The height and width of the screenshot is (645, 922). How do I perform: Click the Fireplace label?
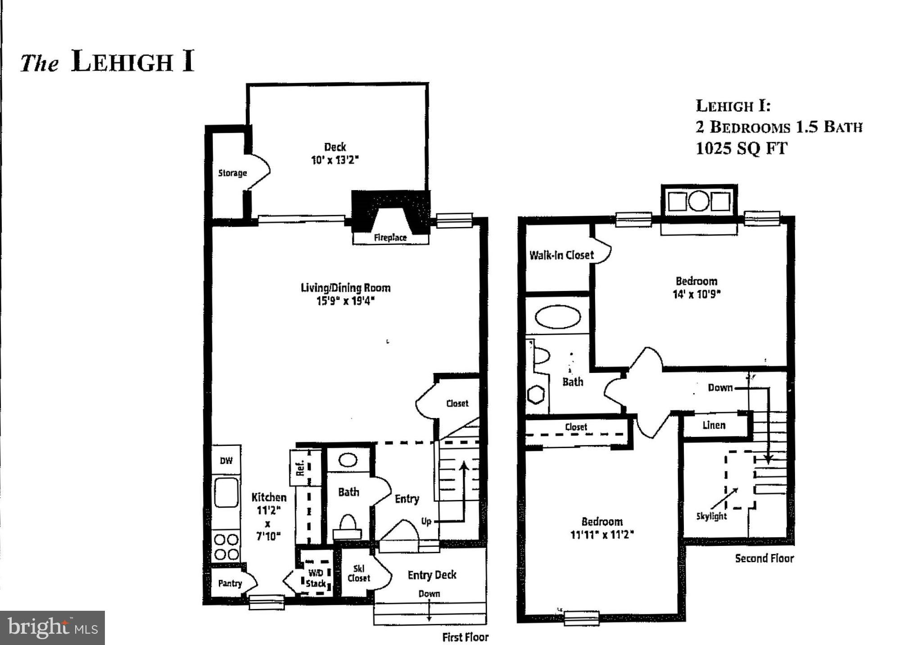(x=390, y=237)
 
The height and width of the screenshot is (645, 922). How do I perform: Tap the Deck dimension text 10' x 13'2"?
(x=334, y=160)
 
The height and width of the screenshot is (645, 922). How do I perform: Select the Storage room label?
(x=232, y=173)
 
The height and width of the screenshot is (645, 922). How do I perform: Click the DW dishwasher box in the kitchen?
(x=226, y=460)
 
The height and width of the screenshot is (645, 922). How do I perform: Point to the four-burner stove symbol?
(x=226, y=546)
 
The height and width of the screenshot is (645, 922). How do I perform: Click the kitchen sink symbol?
(x=226, y=492)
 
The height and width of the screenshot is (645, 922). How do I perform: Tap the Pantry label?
(x=230, y=583)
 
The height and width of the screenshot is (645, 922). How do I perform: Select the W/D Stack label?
(x=316, y=578)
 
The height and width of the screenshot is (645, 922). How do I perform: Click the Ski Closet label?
(x=358, y=573)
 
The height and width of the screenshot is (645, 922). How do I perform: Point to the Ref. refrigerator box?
(x=301, y=468)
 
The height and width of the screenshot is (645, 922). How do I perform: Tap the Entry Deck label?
(x=432, y=575)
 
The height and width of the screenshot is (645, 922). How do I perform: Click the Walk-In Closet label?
(x=561, y=255)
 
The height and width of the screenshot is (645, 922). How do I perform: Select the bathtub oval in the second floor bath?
(x=557, y=317)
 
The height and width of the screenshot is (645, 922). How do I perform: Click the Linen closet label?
(x=714, y=425)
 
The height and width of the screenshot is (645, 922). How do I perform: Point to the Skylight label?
(x=711, y=516)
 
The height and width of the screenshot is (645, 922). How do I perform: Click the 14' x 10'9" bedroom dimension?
(x=696, y=294)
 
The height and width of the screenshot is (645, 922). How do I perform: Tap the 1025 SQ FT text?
(x=741, y=148)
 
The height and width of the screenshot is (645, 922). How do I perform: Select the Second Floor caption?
(x=764, y=559)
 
